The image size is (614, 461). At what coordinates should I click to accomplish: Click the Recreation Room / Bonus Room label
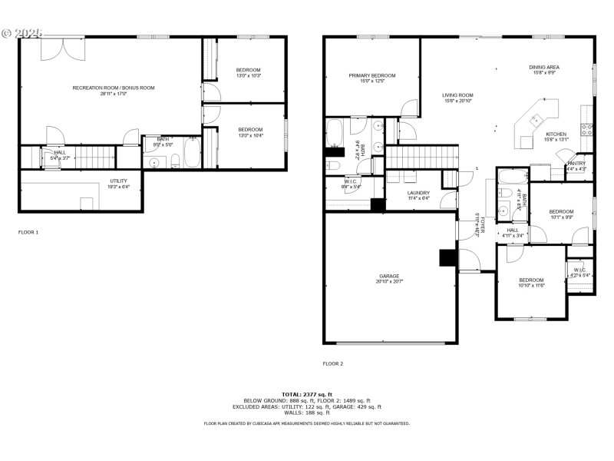click(114, 88)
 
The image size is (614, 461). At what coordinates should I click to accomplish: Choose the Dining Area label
click(544, 68)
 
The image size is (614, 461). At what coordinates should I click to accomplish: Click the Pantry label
click(576, 163)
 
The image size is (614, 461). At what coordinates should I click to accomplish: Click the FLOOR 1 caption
click(28, 231)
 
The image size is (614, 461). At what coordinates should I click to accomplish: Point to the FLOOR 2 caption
click(332, 363)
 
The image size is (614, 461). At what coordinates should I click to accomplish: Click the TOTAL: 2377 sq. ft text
click(307, 394)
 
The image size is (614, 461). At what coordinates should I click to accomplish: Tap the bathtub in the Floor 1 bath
click(191, 152)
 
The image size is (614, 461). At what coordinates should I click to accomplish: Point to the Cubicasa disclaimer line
click(307, 423)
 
